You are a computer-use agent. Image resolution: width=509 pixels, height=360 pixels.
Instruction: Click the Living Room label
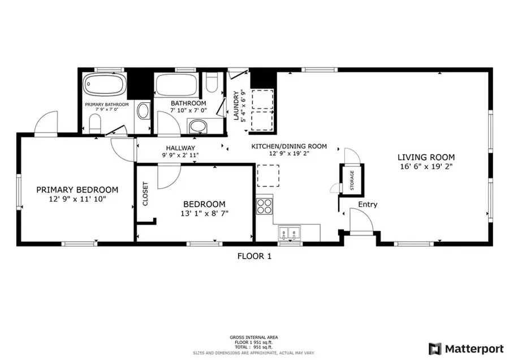(x=426, y=157)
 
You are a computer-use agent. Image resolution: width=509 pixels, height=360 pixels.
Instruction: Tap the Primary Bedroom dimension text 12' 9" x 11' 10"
(x=77, y=199)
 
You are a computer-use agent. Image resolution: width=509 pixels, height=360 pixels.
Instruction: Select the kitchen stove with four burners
(x=265, y=204)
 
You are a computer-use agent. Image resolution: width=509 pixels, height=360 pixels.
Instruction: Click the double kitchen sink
(x=289, y=232)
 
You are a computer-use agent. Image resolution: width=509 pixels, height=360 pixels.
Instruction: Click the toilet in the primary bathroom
(x=95, y=122)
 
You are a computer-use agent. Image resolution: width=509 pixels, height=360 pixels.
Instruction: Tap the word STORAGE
(x=351, y=180)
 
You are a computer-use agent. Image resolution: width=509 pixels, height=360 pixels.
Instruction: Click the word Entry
(x=368, y=204)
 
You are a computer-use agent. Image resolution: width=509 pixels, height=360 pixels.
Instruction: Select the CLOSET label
(x=145, y=193)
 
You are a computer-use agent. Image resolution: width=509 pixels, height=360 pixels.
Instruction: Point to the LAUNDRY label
(x=237, y=106)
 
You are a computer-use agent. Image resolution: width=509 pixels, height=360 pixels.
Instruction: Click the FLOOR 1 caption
(x=254, y=256)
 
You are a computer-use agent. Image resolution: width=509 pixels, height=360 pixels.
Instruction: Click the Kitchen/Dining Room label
(x=290, y=146)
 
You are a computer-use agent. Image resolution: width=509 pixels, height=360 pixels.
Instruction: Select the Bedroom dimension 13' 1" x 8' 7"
(x=204, y=213)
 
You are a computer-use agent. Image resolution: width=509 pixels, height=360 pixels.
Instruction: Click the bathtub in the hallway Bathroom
(x=176, y=85)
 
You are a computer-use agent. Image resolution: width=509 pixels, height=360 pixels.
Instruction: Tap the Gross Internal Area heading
(x=254, y=336)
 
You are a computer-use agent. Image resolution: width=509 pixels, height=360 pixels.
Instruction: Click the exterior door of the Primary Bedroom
(x=45, y=123)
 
